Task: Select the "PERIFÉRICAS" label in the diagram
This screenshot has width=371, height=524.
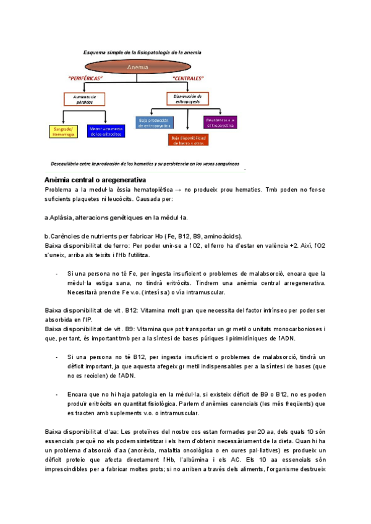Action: click(x=85, y=78)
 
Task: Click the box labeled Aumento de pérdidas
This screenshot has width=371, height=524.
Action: click(x=85, y=99)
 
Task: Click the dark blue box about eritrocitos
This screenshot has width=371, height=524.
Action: click(x=106, y=131)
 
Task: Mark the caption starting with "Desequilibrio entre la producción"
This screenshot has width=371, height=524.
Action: click(x=145, y=164)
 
